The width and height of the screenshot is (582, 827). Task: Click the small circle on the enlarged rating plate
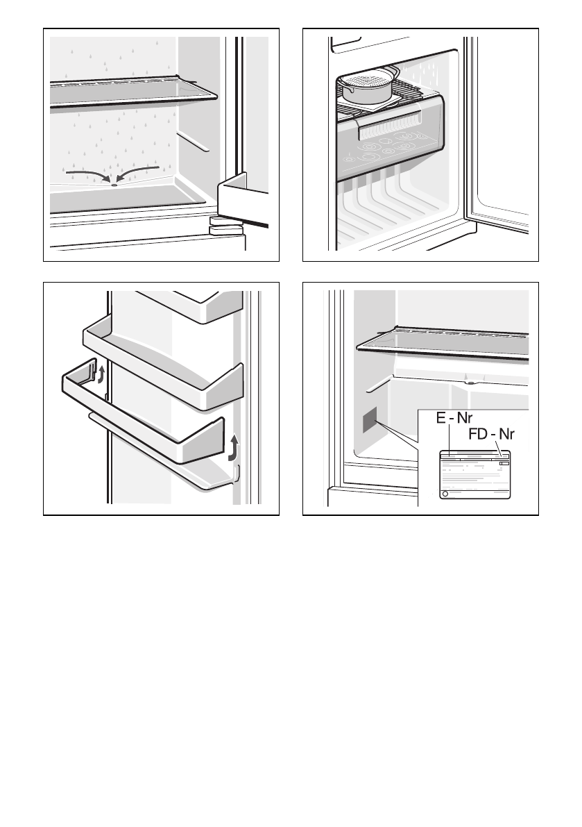(x=445, y=494)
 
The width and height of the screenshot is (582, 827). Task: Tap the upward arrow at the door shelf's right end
(x=234, y=448)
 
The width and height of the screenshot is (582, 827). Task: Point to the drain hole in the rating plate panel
(x=470, y=381)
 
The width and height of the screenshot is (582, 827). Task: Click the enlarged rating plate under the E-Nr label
(x=474, y=476)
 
